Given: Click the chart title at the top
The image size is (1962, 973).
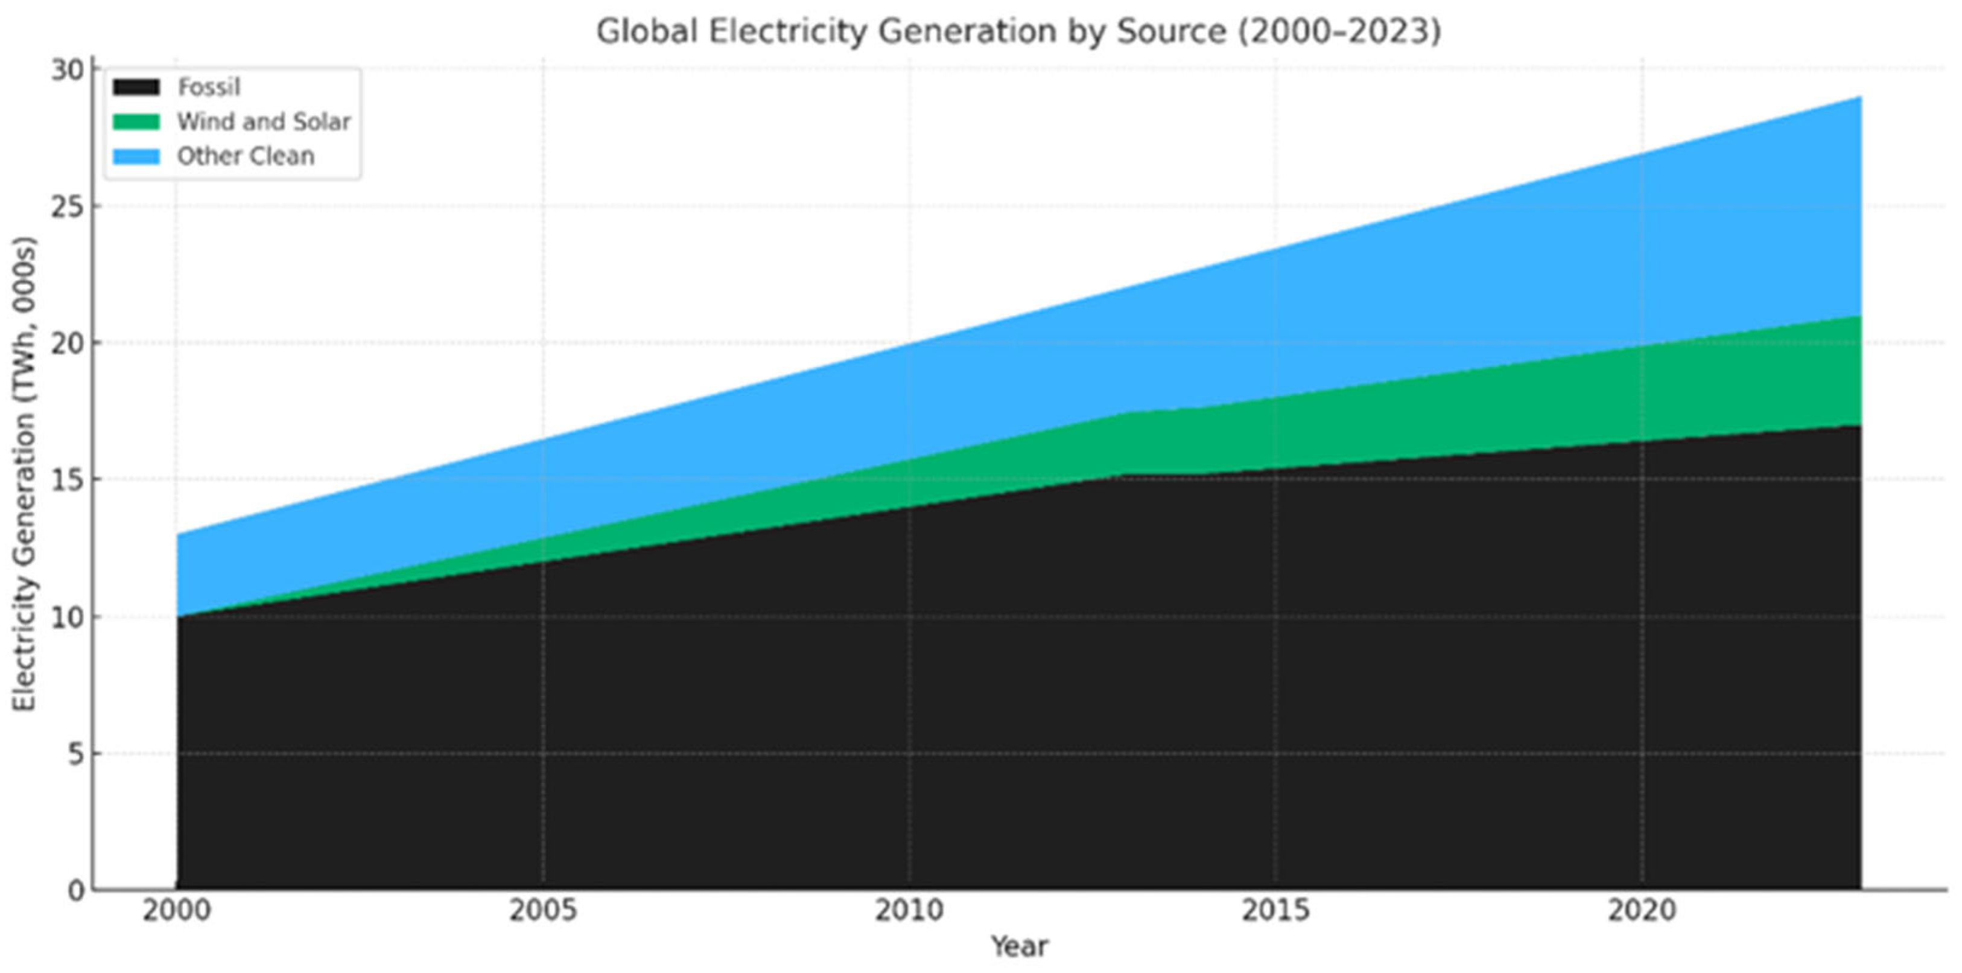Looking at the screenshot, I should point(1018,32).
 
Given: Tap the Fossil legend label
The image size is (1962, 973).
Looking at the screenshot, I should point(209,88).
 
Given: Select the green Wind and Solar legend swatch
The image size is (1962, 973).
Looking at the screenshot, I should point(136,122).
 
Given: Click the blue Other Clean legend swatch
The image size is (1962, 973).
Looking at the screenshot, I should point(136,156).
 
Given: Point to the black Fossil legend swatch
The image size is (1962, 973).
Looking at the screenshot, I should point(136,88).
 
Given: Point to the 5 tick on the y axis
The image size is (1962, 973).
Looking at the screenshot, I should point(75,753).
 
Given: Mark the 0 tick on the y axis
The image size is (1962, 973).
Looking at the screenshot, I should point(75,890).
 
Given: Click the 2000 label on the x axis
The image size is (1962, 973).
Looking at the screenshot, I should point(177,910).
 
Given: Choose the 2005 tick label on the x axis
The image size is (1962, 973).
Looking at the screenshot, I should point(543,910).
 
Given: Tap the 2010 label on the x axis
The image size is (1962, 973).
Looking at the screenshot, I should point(909,910).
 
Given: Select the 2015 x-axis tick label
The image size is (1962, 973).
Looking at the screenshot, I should point(1276,910).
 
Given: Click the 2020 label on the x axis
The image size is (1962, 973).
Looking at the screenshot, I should point(1642,910).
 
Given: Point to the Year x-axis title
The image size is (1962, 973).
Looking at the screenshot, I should point(1019,947).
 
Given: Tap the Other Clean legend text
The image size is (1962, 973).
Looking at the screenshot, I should point(245,156).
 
